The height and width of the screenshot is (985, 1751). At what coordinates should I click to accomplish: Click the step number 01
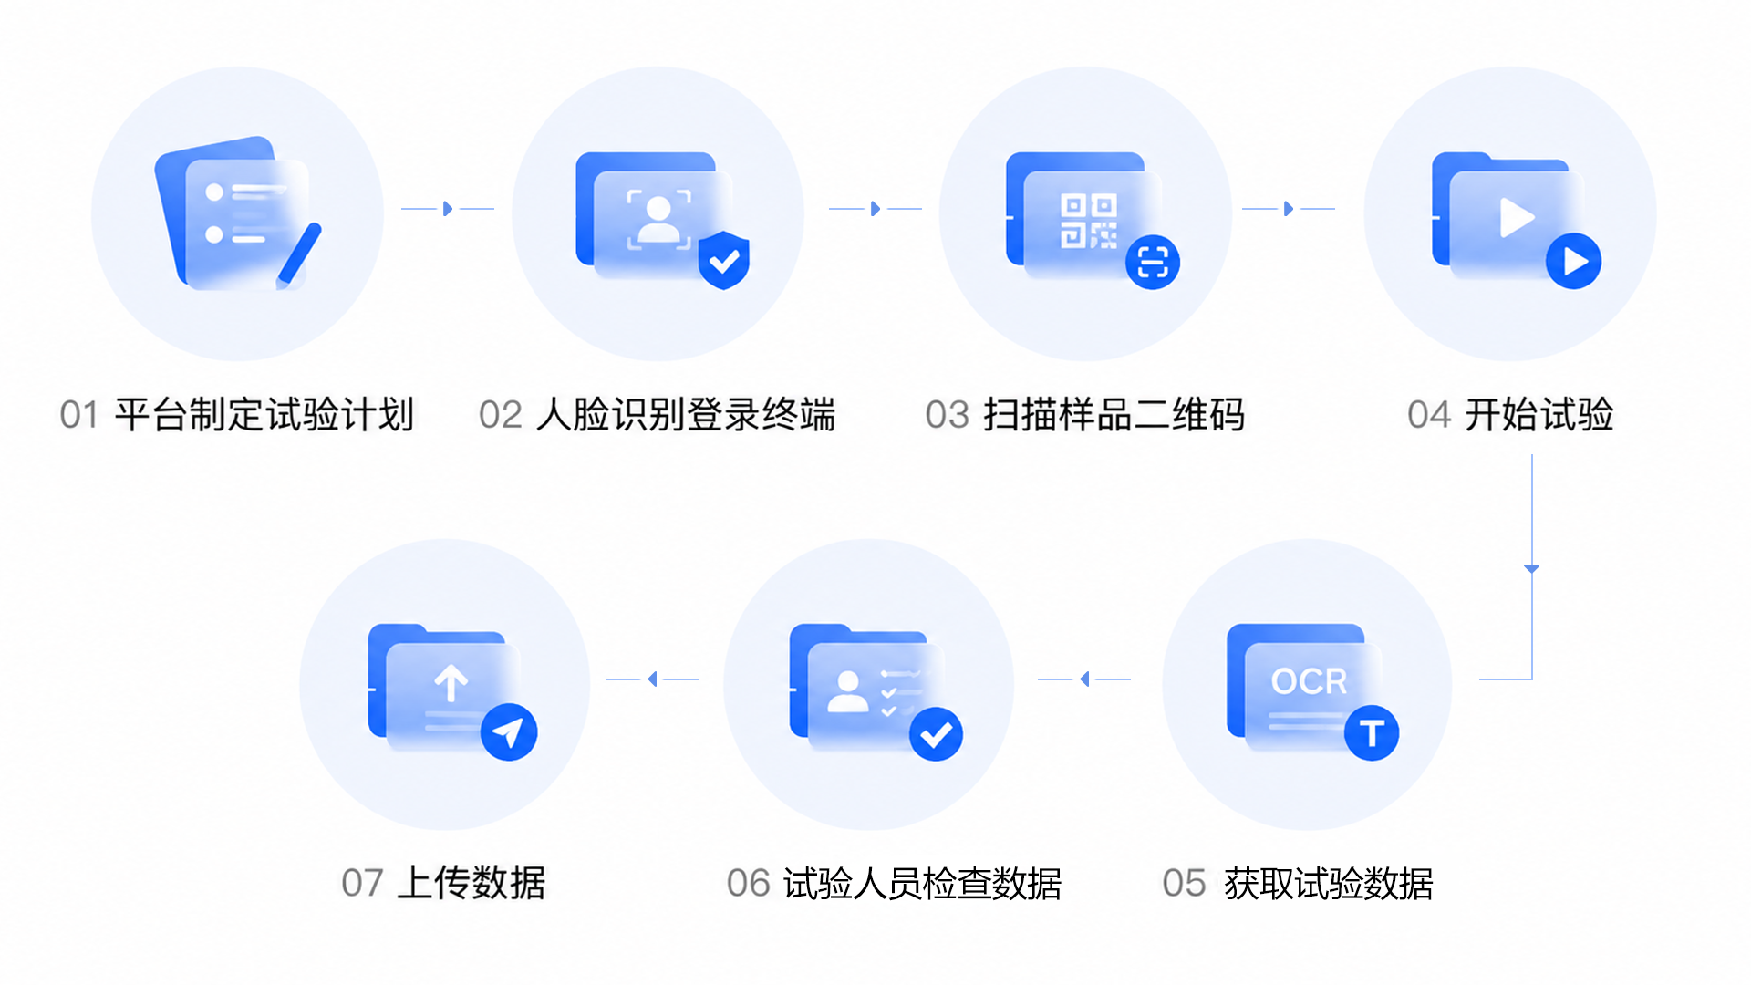tap(79, 415)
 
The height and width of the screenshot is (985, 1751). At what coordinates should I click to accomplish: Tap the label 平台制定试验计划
tap(264, 415)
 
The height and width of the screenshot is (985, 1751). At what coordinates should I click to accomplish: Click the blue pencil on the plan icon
tap(299, 254)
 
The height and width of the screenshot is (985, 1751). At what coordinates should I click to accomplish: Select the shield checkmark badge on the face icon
tap(724, 260)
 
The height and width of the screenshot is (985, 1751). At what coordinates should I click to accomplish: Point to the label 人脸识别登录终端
tap(686, 415)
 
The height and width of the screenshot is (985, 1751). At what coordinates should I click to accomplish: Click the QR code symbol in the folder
tap(1088, 221)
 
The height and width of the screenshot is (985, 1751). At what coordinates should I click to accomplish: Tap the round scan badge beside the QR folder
tap(1153, 263)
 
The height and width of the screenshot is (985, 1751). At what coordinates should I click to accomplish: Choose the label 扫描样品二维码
tap(1114, 415)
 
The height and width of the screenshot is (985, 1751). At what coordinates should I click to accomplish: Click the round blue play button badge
tap(1574, 261)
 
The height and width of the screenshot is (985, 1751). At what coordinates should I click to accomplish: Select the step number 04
tap(1429, 415)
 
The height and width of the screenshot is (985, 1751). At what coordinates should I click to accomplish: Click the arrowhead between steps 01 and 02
tap(448, 209)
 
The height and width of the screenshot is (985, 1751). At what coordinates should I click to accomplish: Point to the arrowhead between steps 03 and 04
tap(1289, 209)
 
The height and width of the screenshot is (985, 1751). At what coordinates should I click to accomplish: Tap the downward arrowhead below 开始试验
tap(1532, 569)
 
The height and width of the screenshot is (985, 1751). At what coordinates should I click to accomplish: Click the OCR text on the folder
tap(1309, 681)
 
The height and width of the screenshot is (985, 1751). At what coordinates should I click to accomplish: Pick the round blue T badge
tap(1372, 732)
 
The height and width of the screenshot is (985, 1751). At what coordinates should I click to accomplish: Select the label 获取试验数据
tap(1329, 884)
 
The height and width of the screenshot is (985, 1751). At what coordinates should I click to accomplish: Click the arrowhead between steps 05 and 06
tap(1084, 679)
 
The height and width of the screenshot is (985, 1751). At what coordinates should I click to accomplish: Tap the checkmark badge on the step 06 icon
tap(937, 733)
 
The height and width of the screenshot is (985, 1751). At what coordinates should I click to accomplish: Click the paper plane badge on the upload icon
tap(509, 731)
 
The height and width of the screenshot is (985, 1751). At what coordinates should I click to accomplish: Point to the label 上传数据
tap(471, 883)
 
